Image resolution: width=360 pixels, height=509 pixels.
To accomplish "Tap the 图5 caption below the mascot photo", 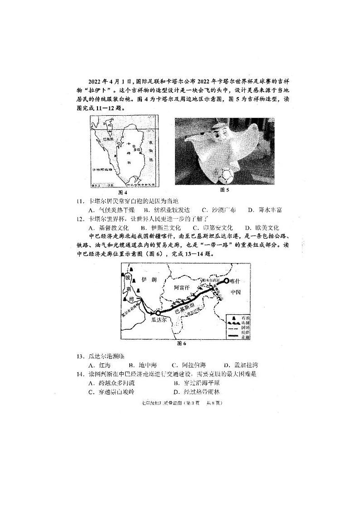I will pos(224,190).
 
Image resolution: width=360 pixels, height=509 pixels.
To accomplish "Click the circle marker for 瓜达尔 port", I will pos(157,313).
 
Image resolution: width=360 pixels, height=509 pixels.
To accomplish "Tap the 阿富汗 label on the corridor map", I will pos(184,288).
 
